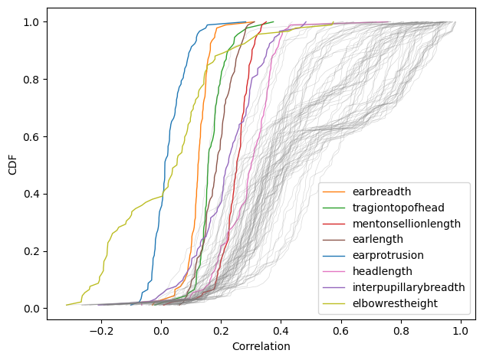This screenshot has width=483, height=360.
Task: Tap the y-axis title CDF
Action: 13,165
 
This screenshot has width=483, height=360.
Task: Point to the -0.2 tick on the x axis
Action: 101,330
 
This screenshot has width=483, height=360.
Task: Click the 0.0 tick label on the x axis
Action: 161,330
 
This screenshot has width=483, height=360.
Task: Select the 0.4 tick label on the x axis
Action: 281,330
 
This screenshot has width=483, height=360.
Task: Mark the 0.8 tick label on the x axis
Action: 400,330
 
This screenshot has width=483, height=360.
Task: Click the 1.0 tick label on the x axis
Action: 460,330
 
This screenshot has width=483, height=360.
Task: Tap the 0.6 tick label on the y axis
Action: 31,136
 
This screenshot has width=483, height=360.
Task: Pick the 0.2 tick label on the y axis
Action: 31,251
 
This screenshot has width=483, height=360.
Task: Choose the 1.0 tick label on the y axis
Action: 31,21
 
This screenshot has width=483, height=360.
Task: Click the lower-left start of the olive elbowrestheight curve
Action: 67,305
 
